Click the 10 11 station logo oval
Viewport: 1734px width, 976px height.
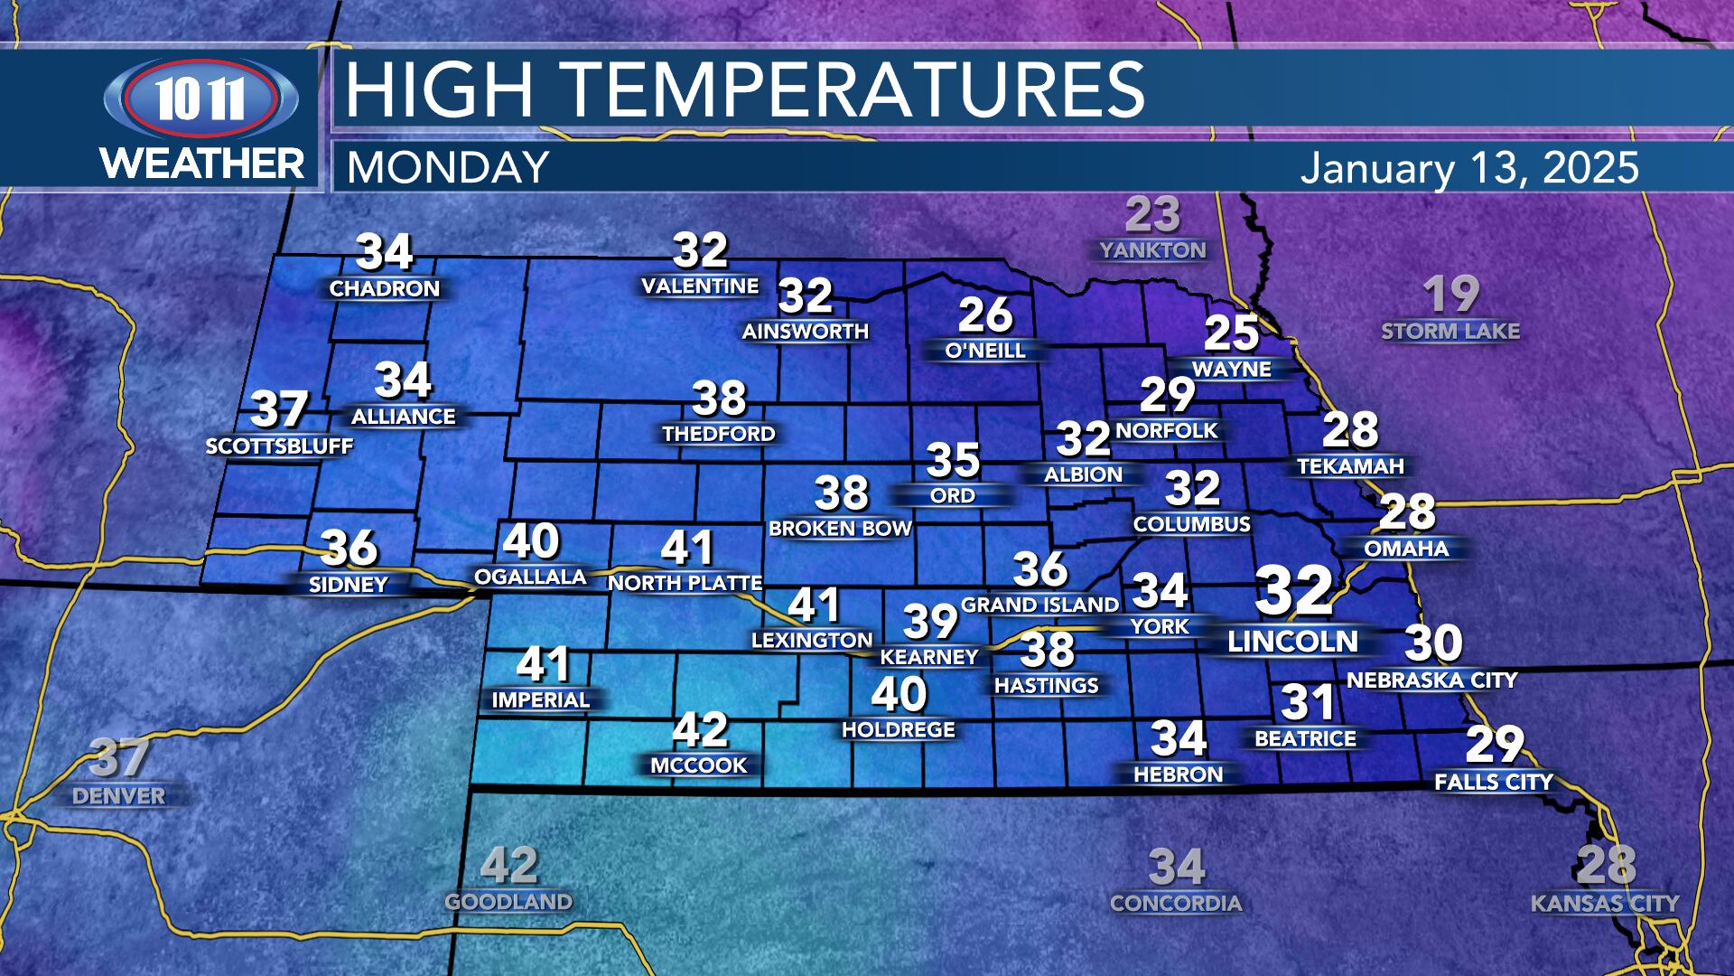[200, 99]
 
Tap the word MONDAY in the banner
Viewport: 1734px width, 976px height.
[448, 168]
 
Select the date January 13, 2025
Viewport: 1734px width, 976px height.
[1469, 168]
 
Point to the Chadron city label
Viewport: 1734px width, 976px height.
[384, 289]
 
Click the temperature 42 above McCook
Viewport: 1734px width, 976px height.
[700, 730]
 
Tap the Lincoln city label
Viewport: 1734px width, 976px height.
[1292, 642]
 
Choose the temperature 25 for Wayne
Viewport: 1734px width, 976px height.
[1231, 333]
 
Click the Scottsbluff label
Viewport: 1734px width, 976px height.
[279, 446]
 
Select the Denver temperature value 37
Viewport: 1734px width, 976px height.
[119, 757]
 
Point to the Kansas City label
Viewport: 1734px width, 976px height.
[1605, 903]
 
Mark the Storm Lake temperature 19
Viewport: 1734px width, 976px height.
[1450, 295]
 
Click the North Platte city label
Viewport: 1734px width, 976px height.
[685, 584]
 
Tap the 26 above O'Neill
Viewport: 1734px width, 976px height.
[985, 315]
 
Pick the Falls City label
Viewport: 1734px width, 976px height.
[1494, 782]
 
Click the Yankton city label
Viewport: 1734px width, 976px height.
[1152, 250]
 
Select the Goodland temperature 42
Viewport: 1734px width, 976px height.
[509, 866]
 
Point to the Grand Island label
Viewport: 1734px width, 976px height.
[1039, 605]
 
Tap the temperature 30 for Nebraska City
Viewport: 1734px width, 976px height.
[1433, 643]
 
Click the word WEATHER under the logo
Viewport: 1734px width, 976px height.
[202, 164]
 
